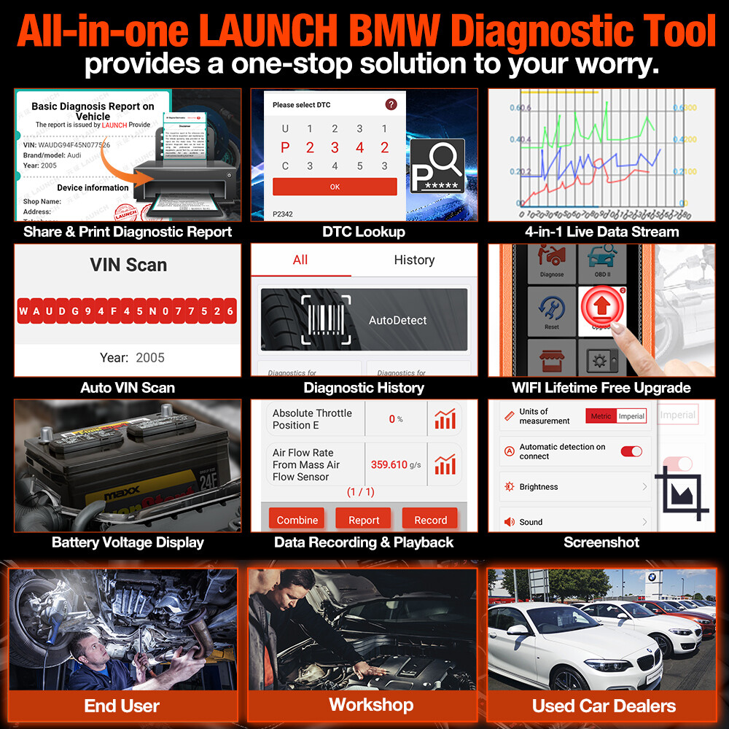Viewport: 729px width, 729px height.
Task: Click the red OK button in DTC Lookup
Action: [335, 187]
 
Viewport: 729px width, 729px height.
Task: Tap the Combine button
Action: [297, 520]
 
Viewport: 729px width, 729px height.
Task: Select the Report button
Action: [364, 520]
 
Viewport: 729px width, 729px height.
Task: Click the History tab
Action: [414, 260]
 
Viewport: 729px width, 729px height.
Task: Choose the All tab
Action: [300, 260]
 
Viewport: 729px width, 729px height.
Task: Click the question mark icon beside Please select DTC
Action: [391, 104]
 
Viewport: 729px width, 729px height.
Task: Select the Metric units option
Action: [601, 416]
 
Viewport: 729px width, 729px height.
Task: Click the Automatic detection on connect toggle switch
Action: [631, 451]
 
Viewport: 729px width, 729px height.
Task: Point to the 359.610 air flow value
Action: [389, 464]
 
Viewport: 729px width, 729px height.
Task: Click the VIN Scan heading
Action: [128, 265]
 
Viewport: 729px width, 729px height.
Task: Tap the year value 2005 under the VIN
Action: [150, 358]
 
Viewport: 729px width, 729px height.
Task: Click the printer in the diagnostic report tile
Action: [187, 183]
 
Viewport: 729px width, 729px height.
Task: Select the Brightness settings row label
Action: [539, 487]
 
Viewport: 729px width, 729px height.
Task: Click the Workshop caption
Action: [371, 704]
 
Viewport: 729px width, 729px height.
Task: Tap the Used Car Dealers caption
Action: [604, 706]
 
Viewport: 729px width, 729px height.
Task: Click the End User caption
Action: [121, 706]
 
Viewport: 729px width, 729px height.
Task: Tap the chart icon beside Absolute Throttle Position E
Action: [445, 419]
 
